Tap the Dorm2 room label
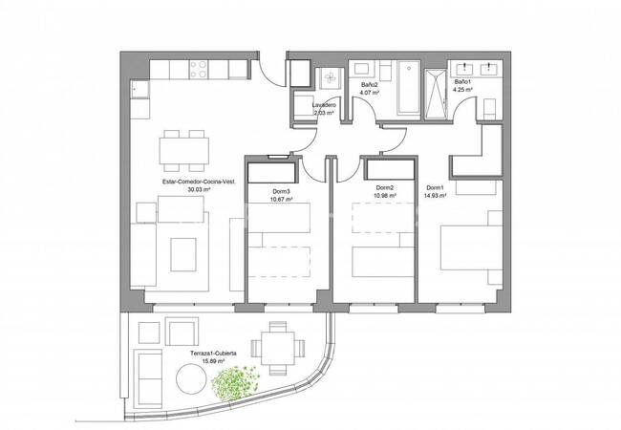pyautogui.click(x=384, y=187)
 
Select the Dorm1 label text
pyautogui.click(x=435, y=187)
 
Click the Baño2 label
pyautogui.click(x=370, y=85)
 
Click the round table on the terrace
pyautogui.click(x=195, y=382)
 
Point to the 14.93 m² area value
pyautogui.click(x=436, y=196)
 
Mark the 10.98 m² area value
pyautogui.click(x=384, y=196)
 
